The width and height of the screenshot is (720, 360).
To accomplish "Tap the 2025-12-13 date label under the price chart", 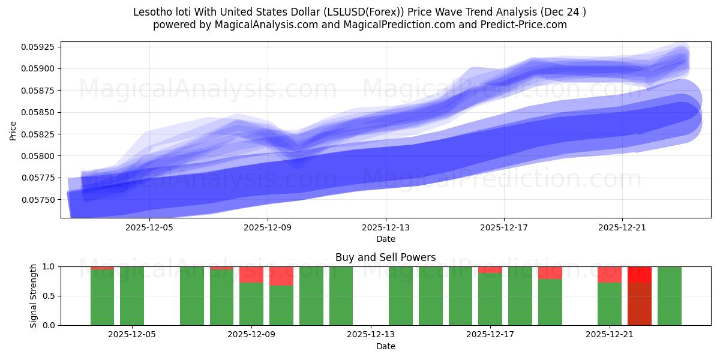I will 385,227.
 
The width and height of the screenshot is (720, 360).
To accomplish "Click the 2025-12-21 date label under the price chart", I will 622,227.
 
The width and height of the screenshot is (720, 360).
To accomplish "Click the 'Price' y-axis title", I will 13,130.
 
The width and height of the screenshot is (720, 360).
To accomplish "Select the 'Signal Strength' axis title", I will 34,296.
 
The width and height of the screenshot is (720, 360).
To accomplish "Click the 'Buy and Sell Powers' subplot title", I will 385,257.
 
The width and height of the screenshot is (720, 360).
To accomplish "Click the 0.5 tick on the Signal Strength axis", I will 48,296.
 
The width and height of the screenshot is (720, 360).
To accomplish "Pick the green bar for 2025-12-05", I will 132,296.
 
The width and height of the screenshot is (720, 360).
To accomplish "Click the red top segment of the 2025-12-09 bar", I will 251,274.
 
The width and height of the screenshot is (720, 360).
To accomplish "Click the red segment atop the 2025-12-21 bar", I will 610,274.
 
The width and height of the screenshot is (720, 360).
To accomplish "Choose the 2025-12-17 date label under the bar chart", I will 490,335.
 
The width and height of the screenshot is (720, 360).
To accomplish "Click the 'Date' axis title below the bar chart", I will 385,346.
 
